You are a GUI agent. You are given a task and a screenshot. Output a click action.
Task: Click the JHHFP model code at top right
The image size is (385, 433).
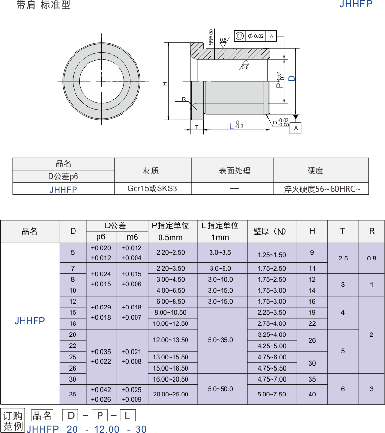click(x=356, y=4)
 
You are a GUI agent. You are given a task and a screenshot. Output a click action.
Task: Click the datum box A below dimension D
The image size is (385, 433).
click(x=296, y=128)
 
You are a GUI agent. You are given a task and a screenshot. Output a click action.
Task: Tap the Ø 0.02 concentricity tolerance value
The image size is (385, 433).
click(x=256, y=36)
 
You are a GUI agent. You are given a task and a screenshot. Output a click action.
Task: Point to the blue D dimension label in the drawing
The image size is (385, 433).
click(x=292, y=79)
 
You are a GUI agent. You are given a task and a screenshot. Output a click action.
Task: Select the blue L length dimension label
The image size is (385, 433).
click(x=232, y=126)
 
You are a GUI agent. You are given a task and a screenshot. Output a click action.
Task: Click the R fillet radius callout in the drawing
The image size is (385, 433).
click(x=184, y=99)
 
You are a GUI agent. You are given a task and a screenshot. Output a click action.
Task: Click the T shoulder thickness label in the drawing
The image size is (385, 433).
click(x=197, y=127)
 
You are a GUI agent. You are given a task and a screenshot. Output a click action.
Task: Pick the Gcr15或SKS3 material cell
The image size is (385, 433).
click(x=152, y=188)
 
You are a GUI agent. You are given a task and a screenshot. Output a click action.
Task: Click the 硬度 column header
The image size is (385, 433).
click(x=315, y=171)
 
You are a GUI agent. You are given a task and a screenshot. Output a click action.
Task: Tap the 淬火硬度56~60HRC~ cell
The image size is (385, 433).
click(x=322, y=189)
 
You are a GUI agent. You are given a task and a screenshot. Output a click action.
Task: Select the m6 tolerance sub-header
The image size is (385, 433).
click(x=132, y=237)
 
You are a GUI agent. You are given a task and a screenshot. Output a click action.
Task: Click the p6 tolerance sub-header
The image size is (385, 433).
click(x=101, y=237)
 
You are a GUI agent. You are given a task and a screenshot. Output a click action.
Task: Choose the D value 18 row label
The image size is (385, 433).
click(x=73, y=323)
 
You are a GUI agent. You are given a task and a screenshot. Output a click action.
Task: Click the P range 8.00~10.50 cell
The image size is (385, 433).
click(x=171, y=312)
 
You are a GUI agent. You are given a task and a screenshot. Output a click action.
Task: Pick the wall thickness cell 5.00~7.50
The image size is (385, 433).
click(x=272, y=395)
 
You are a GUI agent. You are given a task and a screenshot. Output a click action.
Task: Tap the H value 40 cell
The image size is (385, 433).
click(x=312, y=395)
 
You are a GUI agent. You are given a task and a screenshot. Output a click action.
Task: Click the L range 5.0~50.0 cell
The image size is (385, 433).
click(x=221, y=389)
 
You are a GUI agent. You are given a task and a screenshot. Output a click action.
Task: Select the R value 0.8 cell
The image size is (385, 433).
click(x=372, y=259)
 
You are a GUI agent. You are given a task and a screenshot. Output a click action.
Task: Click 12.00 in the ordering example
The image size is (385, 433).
click(x=107, y=429)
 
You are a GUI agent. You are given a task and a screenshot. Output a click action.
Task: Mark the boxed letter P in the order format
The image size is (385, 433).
click(x=100, y=416)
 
